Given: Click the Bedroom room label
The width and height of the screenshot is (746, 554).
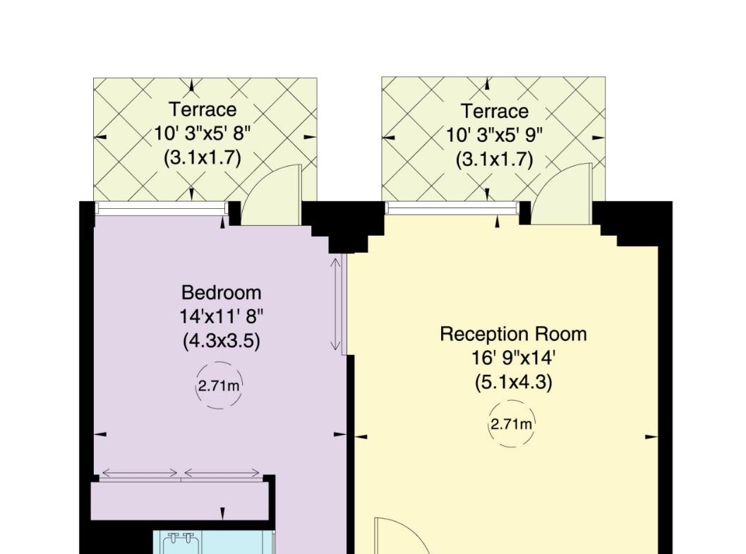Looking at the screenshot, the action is (221, 292).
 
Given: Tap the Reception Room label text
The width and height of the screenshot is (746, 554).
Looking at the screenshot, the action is (513, 334).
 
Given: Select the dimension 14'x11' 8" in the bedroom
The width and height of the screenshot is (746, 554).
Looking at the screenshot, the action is (221, 315).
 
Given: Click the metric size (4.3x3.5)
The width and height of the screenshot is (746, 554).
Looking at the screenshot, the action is (221, 340).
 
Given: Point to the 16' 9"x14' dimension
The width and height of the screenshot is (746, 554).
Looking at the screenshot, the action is (513, 358).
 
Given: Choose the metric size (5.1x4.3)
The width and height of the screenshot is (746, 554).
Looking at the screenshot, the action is (513, 383).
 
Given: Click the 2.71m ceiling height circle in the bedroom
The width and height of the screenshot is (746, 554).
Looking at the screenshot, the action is (219, 385).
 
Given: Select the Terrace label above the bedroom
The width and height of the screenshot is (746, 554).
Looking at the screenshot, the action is (203, 109).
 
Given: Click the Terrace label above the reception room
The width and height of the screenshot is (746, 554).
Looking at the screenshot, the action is (494, 112).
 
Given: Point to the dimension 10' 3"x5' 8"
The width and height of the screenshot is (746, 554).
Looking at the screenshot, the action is (202, 133).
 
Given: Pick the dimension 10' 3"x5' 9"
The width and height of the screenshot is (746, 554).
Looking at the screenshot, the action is (494, 136).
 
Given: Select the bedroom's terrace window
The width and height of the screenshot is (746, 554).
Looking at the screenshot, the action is (162, 207).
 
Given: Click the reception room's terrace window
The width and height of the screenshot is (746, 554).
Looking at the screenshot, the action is (452, 207).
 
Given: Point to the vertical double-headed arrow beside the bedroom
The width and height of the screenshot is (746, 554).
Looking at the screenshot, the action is (336, 304).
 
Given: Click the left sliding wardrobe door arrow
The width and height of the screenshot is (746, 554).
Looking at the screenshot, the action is (140, 473).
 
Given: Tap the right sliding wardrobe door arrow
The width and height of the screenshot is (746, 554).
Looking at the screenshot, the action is (222, 473).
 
